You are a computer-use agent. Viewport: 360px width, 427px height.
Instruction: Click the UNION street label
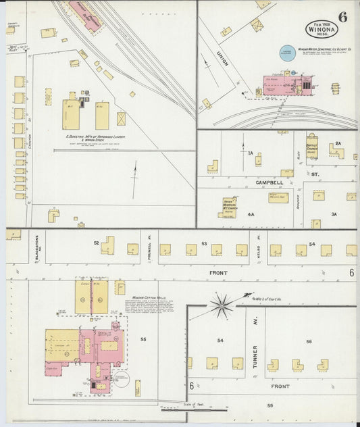223,59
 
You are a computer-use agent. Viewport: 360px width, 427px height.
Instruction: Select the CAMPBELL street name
269,182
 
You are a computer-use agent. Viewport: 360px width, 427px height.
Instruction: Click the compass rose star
222,305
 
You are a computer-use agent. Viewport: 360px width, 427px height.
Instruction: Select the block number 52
97,243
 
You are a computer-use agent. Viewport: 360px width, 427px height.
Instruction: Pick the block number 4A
251,214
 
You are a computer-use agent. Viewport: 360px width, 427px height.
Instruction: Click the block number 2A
338,143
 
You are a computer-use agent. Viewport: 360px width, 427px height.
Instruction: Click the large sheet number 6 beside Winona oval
343,18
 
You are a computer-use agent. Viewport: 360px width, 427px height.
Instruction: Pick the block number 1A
250,154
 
